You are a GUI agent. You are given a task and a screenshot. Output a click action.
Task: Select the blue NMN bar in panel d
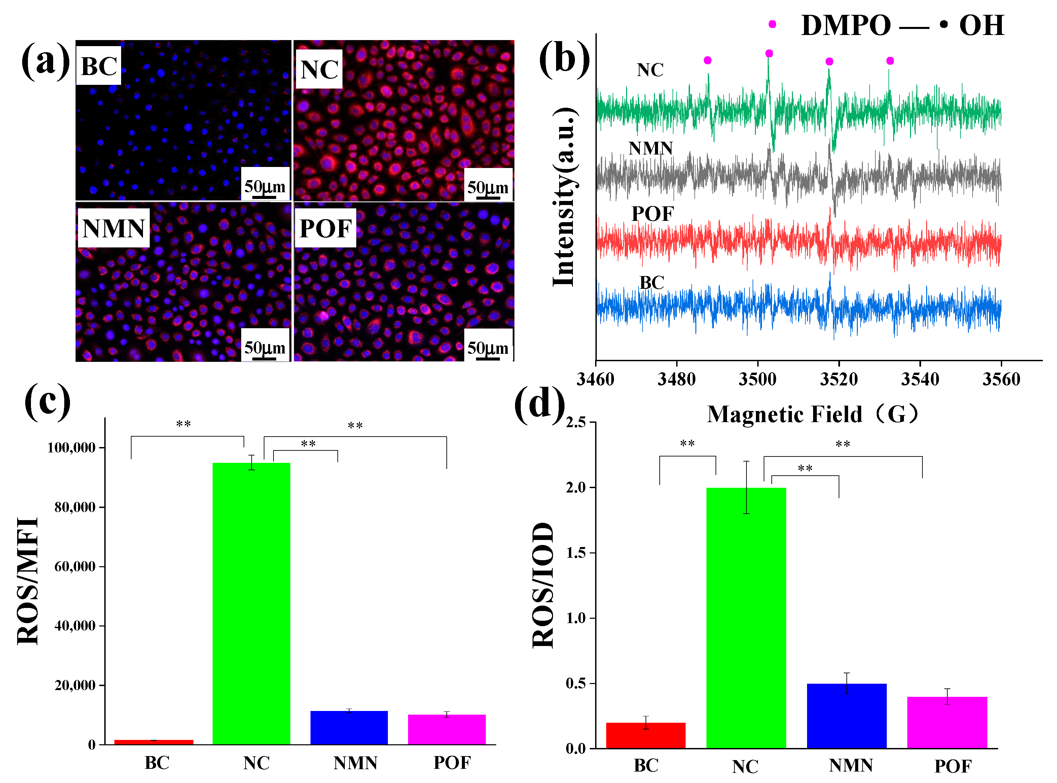846,716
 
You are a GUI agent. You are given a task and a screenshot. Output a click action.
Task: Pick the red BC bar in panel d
646,735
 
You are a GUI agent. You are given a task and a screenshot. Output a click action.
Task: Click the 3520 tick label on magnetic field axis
839,379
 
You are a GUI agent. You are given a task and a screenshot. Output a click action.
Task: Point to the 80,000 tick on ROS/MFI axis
75,507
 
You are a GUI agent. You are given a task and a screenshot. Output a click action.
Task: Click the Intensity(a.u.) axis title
563,197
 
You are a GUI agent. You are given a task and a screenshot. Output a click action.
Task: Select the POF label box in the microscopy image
325,229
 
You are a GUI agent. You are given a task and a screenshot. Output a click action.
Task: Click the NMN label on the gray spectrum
650,148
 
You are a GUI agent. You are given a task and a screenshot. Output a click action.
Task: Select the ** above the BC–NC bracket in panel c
183,424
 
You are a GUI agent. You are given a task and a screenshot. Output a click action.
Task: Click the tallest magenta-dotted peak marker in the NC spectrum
769,54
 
